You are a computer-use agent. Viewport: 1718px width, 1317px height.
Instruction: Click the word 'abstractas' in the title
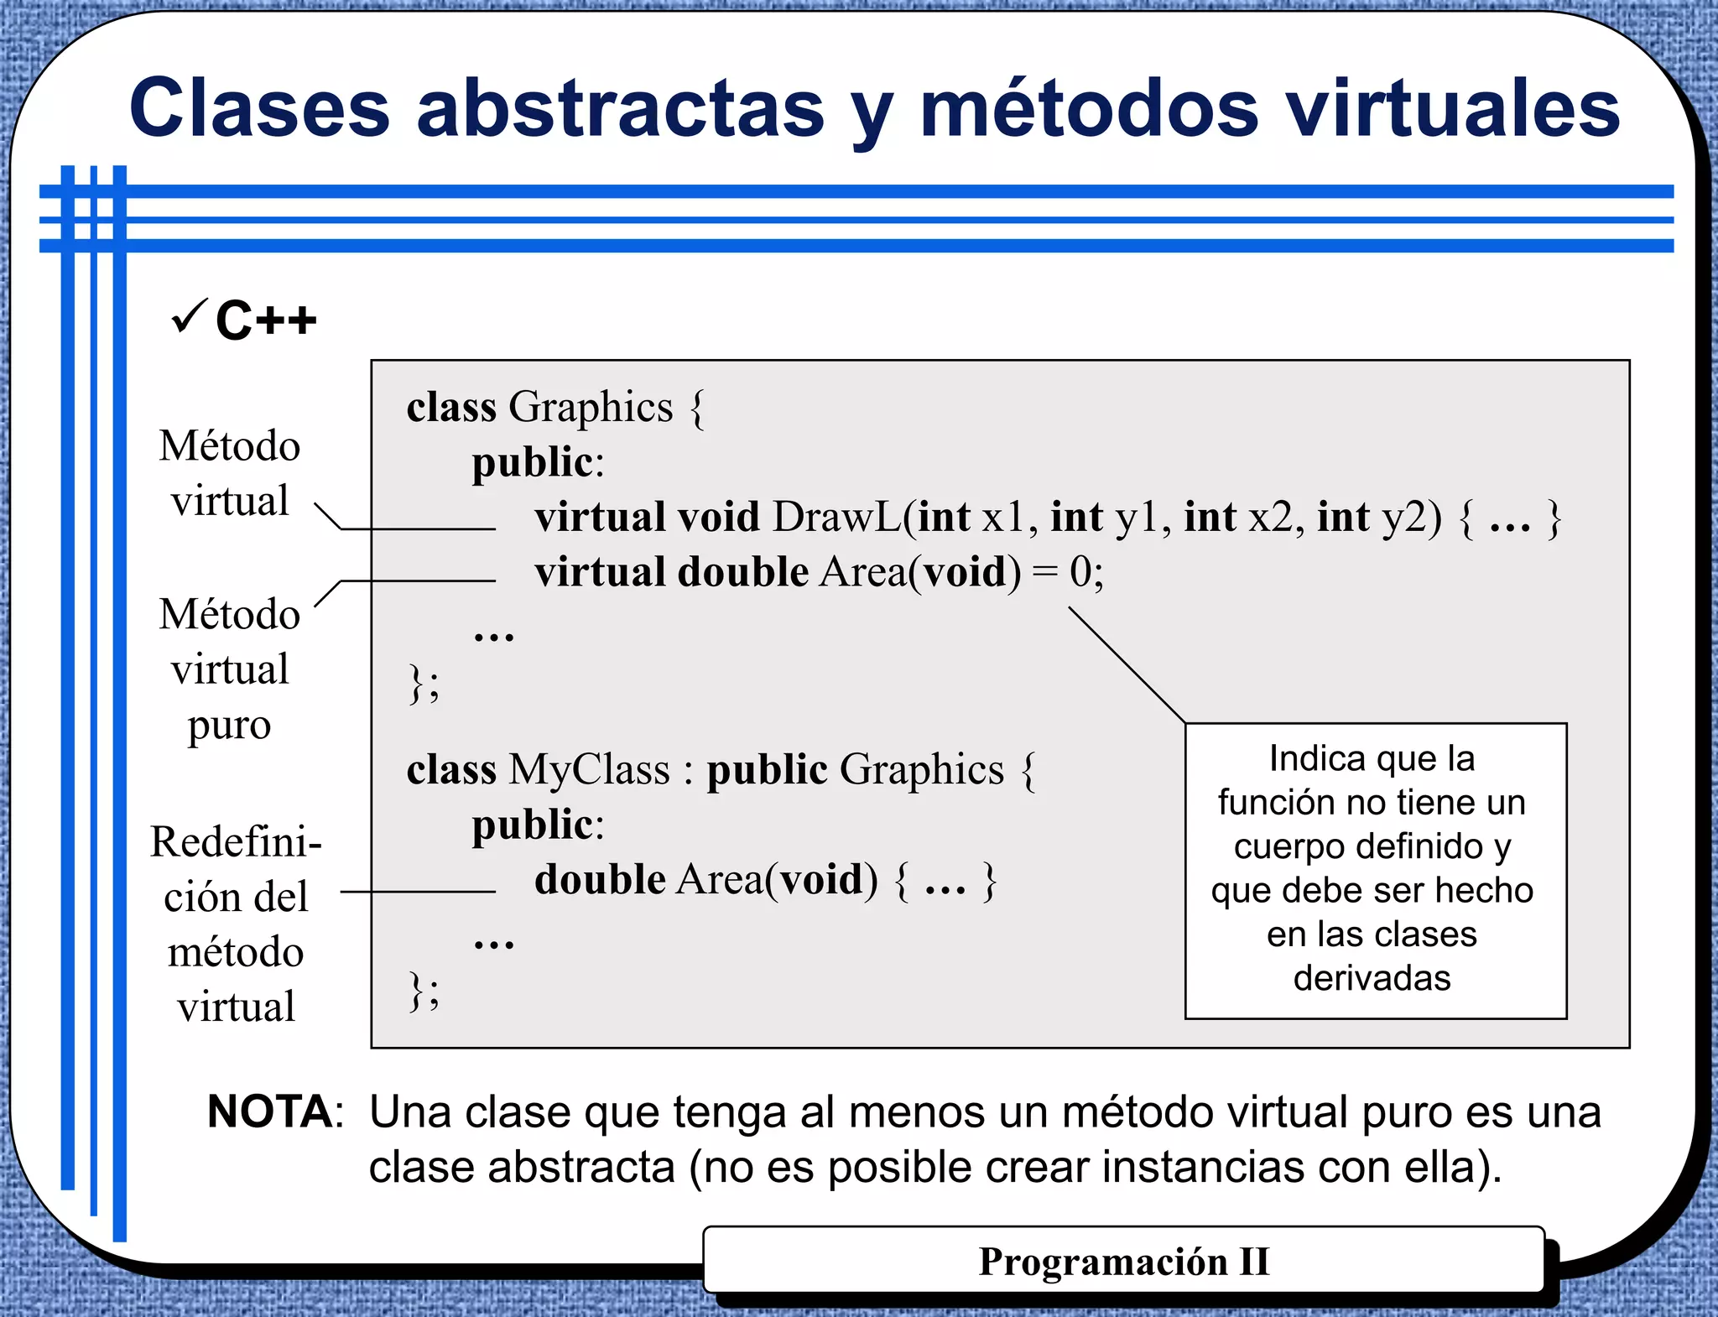(621, 109)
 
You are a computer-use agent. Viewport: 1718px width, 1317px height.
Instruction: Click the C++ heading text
(266, 320)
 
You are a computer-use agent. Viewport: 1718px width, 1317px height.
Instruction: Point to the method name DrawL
(836, 517)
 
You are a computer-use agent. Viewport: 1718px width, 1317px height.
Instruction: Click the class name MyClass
(589, 769)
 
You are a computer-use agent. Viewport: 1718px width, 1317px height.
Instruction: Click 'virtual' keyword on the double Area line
(600, 572)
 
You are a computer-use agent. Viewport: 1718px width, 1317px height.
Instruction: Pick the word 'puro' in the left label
(229, 725)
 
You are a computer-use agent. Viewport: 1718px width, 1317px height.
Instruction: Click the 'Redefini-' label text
(236, 841)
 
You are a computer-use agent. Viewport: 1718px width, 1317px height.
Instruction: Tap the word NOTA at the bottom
(270, 1112)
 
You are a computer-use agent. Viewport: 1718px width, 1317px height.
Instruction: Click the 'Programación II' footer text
(1124, 1262)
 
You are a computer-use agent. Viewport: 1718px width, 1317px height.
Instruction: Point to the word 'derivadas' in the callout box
(1372, 978)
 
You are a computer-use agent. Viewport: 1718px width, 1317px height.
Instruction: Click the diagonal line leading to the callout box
(1127, 664)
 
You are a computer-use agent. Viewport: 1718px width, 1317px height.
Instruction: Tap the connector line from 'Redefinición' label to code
(418, 892)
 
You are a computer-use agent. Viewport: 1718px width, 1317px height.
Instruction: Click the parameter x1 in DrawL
(1003, 517)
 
